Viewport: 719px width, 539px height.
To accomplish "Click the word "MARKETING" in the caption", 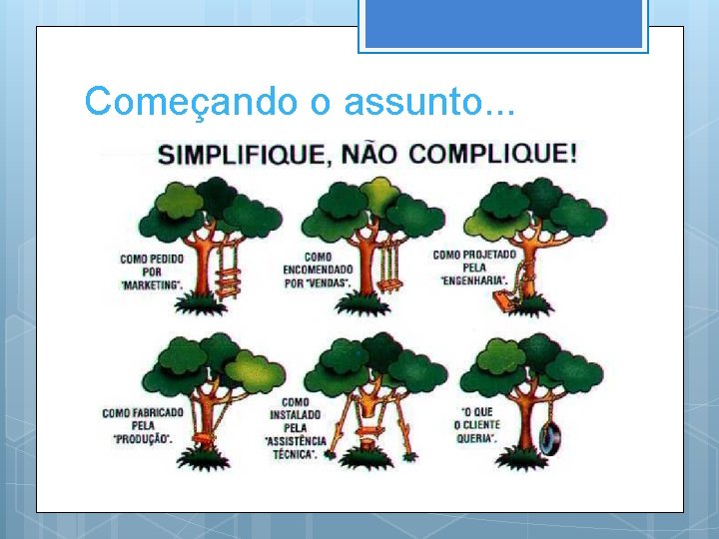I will click(152, 284).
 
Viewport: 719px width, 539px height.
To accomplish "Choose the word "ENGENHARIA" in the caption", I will click(474, 279).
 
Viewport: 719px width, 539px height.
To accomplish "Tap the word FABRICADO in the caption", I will click(157, 413).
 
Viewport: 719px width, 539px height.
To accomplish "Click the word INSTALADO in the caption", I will click(296, 415).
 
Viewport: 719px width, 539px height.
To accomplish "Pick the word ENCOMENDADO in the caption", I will click(318, 269).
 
